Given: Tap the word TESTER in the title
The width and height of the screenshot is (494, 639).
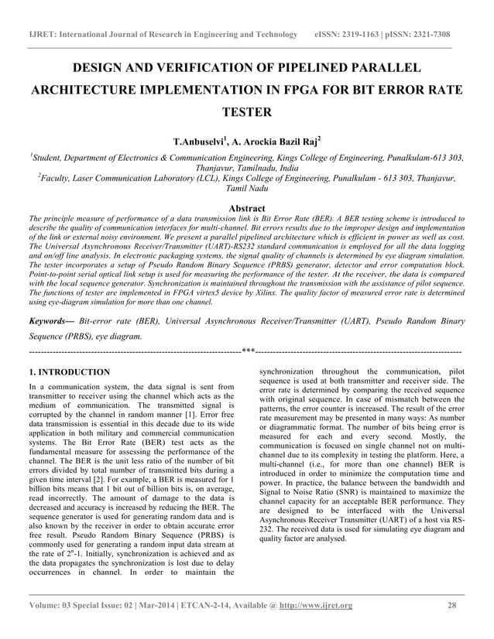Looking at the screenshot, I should [x=247, y=112].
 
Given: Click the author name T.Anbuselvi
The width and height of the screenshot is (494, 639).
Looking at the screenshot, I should [x=199, y=142].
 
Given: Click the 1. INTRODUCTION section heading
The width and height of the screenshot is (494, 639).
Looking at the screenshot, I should [x=69, y=372].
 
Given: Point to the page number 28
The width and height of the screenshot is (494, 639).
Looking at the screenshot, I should [x=451, y=605].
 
